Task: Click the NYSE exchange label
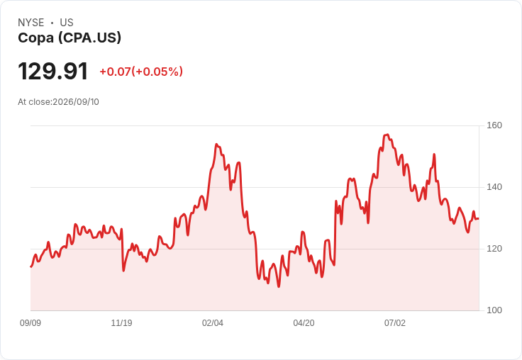point(31,23)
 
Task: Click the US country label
point(67,23)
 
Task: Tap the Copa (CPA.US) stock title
point(70,38)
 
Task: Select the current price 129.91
point(53,71)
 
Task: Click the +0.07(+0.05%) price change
point(141,72)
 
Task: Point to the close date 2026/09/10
point(76,102)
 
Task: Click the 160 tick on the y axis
point(494,125)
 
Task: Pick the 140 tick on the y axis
point(494,187)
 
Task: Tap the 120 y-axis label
point(494,249)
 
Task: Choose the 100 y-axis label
point(494,310)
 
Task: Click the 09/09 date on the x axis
point(30,323)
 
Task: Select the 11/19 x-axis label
point(121,323)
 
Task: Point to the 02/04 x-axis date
point(212,323)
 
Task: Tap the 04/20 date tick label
point(304,323)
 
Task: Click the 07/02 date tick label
point(395,323)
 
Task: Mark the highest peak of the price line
point(387,135)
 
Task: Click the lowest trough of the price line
point(279,286)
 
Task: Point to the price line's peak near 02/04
point(216,145)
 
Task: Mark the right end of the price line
point(479,218)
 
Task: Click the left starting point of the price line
point(31,267)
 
